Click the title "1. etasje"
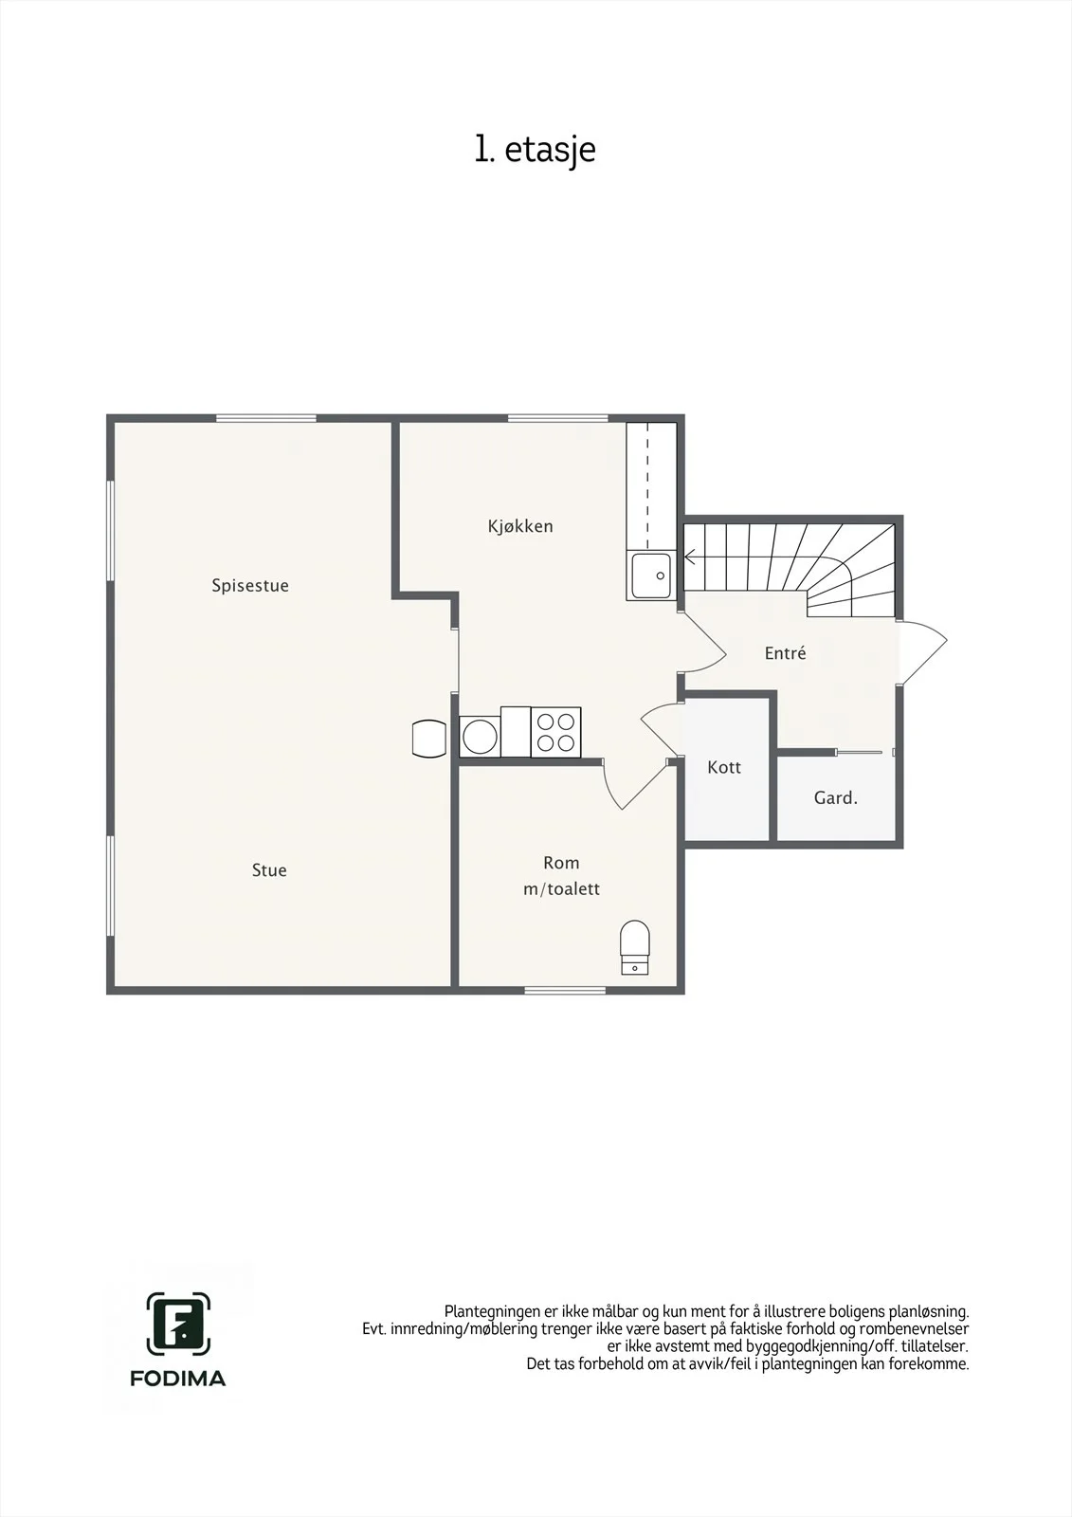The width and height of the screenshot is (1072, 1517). tap(535, 151)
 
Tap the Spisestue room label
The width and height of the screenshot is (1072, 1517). tap(250, 586)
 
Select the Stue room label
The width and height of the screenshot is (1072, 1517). tap(269, 870)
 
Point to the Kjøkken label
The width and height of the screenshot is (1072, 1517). tap(520, 526)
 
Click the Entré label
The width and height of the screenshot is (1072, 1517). tap(785, 653)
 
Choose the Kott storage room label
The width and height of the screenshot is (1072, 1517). tap(724, 767)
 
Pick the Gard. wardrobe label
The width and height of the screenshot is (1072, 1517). tap(836, 797)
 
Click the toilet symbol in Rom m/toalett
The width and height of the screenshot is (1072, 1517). tap(634, 947)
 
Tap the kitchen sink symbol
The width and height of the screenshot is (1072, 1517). tap(651, 576)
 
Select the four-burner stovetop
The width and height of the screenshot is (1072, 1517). tap(555, 732)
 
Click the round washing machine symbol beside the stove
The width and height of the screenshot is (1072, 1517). tap(481, 736)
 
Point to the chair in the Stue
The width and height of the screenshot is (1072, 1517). tap(428, 739)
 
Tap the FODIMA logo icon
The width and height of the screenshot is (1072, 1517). tap(178, 1324)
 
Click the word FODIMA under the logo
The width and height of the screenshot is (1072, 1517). tap(177, 1379)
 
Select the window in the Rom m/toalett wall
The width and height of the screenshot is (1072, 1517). tap(565, 990)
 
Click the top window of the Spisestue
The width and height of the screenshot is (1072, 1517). tap(266, 418)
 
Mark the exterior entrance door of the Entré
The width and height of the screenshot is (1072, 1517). tap(921, 651)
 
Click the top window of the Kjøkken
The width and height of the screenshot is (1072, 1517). tap(558, 418)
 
